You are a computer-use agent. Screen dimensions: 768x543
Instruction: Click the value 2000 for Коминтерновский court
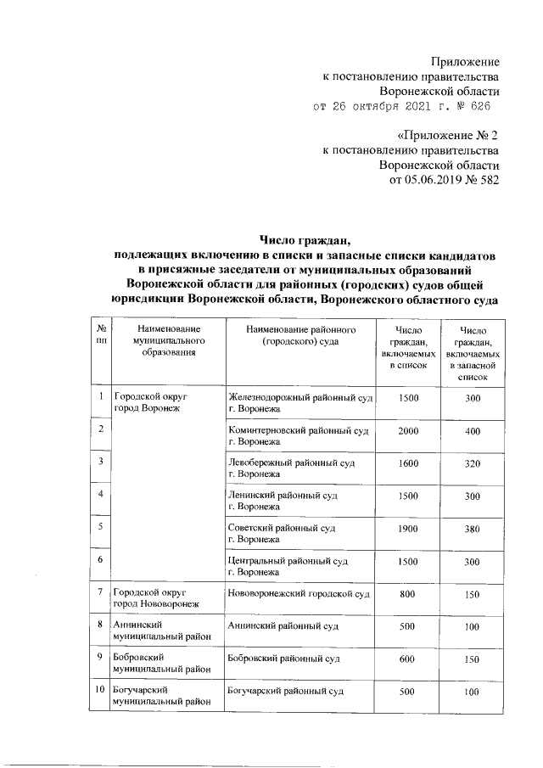(408, 431)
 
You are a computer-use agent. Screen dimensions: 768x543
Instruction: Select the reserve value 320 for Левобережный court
(473, 463)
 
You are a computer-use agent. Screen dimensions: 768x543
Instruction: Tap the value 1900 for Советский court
(408, 529)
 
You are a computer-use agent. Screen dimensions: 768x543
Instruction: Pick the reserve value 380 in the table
(473, 529)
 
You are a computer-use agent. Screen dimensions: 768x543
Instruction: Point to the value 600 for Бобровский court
(408, 659)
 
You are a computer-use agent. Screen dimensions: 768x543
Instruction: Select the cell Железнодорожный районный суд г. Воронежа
(299, 403)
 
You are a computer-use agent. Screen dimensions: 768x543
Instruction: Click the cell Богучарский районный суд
(285, 692)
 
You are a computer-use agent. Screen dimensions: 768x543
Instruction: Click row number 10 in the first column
(100, 692)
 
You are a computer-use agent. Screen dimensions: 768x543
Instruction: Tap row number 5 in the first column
(100, 527)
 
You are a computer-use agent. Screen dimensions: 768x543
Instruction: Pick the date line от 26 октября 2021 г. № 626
(400, 107)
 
